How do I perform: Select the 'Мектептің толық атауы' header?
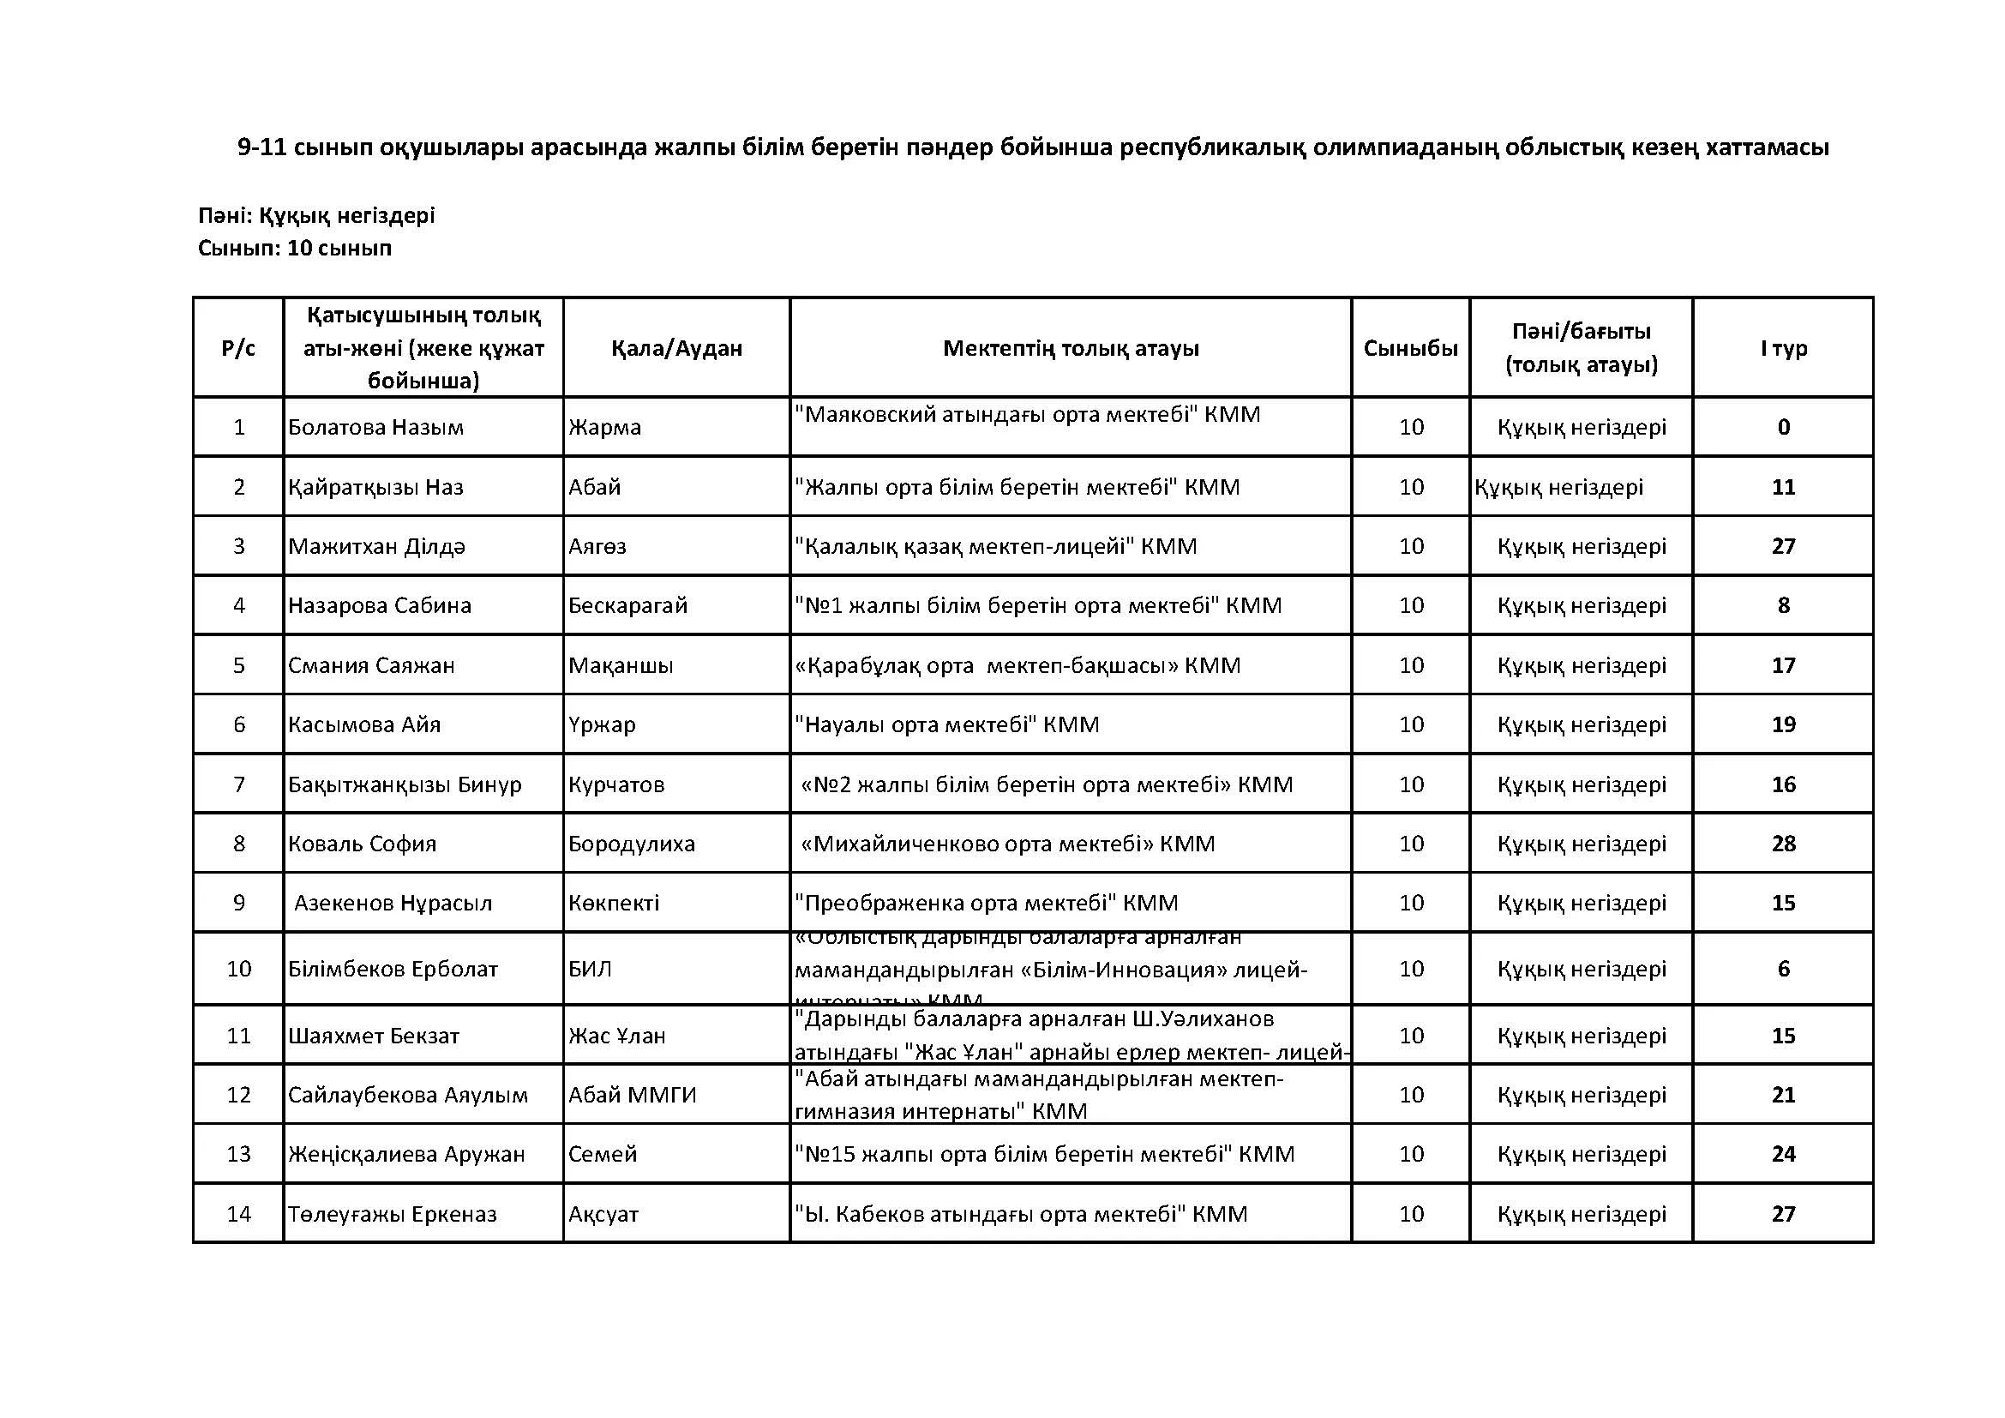[x=1071, y=348]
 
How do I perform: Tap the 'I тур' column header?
[x=1783, y=348]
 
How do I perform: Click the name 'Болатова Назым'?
[x=375, y=427]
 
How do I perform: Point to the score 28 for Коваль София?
[x=1783, y=844]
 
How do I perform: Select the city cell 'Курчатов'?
[x=615, y=784]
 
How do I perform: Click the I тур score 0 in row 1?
[x=1783, y=427]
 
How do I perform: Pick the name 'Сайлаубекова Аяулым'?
[x=408, y=1095]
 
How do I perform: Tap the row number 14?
[x=238, y=1214]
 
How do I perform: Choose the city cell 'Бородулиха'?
[x=632, y=844]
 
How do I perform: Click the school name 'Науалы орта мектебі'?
[x=946, y=724]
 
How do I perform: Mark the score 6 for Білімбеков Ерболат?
[x=1783, y=968]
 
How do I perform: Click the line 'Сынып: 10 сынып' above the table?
[x=294, y=248]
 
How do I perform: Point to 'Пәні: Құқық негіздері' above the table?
[x=316, y=215]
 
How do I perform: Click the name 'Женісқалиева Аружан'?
[x=407, y=1154]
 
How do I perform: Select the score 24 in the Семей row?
[x=1783, y=1154]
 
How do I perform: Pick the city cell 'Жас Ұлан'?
[x=616, y=1036]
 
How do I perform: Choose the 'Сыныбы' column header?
[x=1410, y=348]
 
